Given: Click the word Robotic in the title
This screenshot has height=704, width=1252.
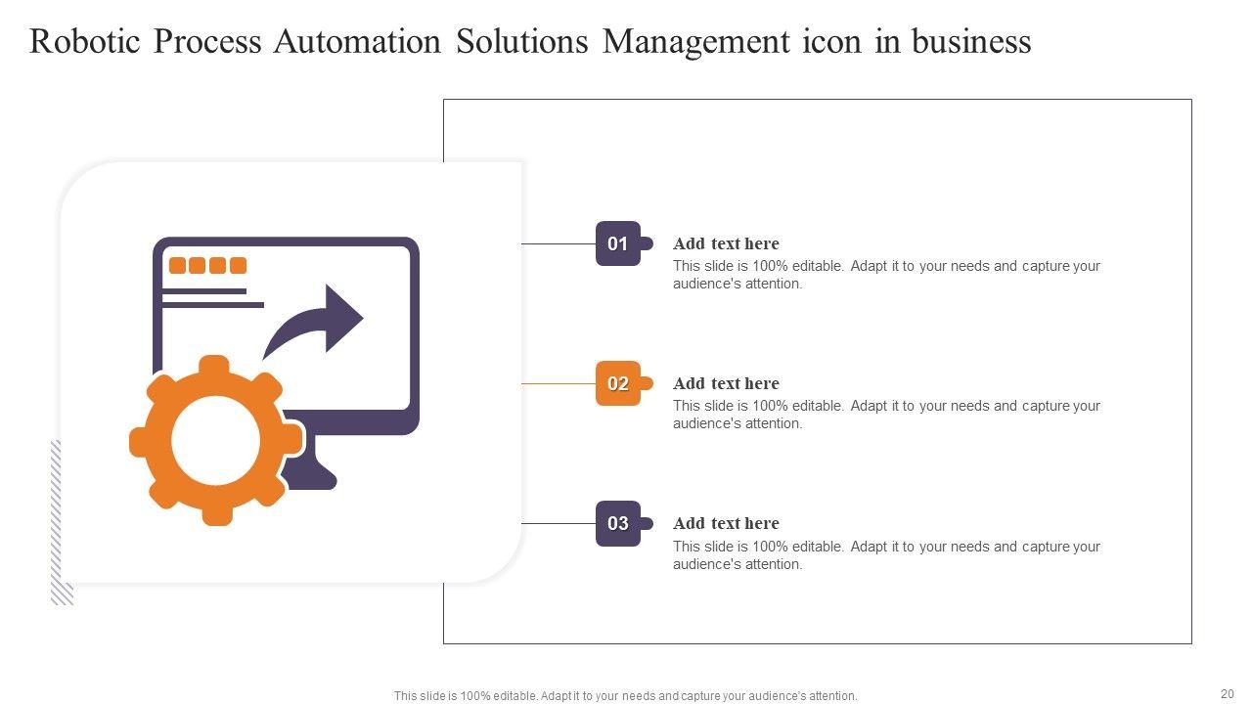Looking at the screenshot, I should coord(84,42).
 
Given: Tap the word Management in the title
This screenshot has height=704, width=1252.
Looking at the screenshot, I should coord(695,42).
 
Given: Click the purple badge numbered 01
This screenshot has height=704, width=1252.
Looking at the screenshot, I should coord(618,243).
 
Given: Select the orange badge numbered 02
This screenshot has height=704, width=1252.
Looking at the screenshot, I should coord(618,383).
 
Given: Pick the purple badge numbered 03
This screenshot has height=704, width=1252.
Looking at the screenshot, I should coord(618,523).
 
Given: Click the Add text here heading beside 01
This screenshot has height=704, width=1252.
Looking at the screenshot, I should coord(726,243).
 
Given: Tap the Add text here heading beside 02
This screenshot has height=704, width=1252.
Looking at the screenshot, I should coord(726,383).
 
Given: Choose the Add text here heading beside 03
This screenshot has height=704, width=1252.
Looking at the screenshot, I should coord(726,523).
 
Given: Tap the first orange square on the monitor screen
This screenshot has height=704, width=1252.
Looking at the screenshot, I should coord(177,265).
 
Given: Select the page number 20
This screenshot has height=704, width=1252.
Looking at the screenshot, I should coord(1227,693).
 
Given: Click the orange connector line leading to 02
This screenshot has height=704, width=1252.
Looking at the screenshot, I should coord(559,383).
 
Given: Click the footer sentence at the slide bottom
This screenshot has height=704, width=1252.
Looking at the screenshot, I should coord(625,696).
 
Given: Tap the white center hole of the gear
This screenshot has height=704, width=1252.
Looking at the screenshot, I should coord(216,441).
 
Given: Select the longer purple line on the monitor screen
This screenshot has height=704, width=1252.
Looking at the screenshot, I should coord(212,305).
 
